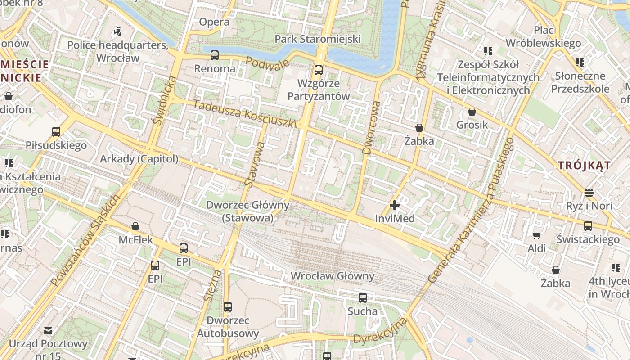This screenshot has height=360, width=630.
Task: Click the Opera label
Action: coord(214,22)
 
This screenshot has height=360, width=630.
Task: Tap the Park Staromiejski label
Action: coord(318,39)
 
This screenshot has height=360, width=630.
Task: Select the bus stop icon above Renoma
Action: coord(215,55)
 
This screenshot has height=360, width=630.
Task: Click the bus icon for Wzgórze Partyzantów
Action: coord(319,70)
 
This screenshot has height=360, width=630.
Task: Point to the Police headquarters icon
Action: coord(117,31)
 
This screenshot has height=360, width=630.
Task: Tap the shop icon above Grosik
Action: coord(472,112)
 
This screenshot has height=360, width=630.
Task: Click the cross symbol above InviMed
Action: coord(395,206)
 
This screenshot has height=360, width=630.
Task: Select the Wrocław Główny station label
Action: coord(333,276)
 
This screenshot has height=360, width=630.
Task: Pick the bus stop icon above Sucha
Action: coord(363,297)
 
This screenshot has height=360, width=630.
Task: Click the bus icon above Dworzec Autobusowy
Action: coord(228,307)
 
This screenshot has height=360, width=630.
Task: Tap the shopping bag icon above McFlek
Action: coord(135,226)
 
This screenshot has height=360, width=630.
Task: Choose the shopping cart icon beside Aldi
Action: coord(536,235)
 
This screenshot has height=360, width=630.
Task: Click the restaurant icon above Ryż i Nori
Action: coord(589,193)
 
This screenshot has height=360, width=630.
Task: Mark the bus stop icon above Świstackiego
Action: coord(588,225)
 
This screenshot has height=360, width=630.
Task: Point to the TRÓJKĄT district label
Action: coord(585,165)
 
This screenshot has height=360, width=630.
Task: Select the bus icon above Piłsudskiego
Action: coord(56,132)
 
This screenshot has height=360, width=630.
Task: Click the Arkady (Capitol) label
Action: coord(139,159)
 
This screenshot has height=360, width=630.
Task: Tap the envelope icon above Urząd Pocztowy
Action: coord(48,331)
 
